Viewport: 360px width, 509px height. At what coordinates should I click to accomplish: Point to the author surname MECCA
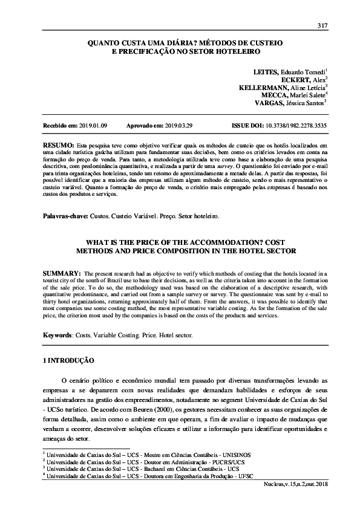click(x=273, y=95)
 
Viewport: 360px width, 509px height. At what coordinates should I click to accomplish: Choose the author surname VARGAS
click(x=266, y=103)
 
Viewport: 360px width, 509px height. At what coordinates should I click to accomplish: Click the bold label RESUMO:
click(x=58, y=147)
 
